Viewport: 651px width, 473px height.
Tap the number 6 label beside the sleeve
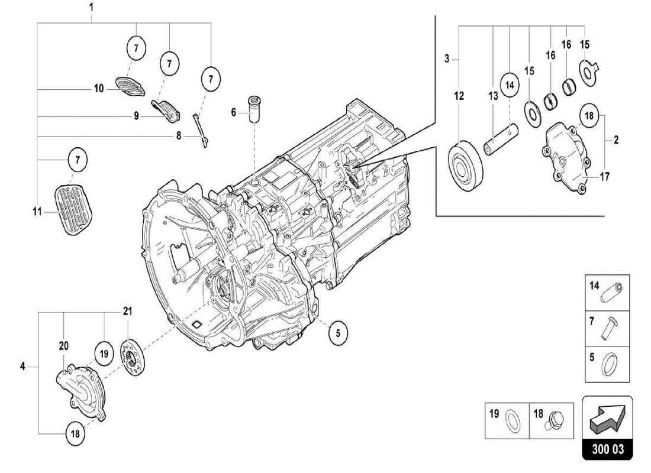point(233,112)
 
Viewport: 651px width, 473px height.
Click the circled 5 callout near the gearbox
point(337,332)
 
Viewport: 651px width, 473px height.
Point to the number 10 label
point(98,89)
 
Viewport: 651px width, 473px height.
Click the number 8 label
point(178,136)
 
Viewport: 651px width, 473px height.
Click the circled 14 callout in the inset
point(510,84)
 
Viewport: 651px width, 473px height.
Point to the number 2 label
point(616,140)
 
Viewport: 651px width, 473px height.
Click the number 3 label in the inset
point(448,58)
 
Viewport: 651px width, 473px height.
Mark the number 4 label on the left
point(22,367)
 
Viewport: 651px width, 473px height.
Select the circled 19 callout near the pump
point(104,354)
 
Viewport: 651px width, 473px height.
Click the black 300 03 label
point(608,449)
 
